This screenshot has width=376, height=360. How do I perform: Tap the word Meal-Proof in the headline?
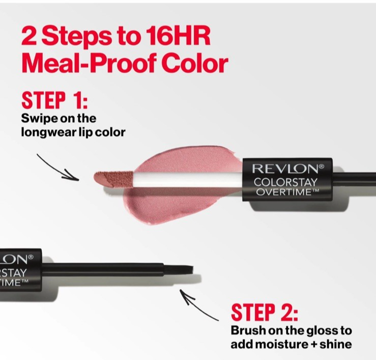click(88, 63)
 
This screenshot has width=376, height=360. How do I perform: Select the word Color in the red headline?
click(195, 63)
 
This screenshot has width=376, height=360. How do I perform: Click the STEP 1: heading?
click(54, 100)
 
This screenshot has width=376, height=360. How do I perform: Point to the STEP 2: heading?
click(265, 312)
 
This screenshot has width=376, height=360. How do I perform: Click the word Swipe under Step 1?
click(39, 119)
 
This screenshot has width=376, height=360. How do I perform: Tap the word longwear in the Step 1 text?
click(49, 132)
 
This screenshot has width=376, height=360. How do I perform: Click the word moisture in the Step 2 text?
click(281, 344)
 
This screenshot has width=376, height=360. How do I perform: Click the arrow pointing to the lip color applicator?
click(58, 168)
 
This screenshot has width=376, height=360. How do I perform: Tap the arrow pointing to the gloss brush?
click(199, 305)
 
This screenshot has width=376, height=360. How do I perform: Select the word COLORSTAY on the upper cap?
click(285, 182)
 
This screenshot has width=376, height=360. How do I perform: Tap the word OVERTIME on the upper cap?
click(284, 192)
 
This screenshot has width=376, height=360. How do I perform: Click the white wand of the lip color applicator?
click(188, 180)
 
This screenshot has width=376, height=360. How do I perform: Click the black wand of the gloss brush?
click(103, 269)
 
